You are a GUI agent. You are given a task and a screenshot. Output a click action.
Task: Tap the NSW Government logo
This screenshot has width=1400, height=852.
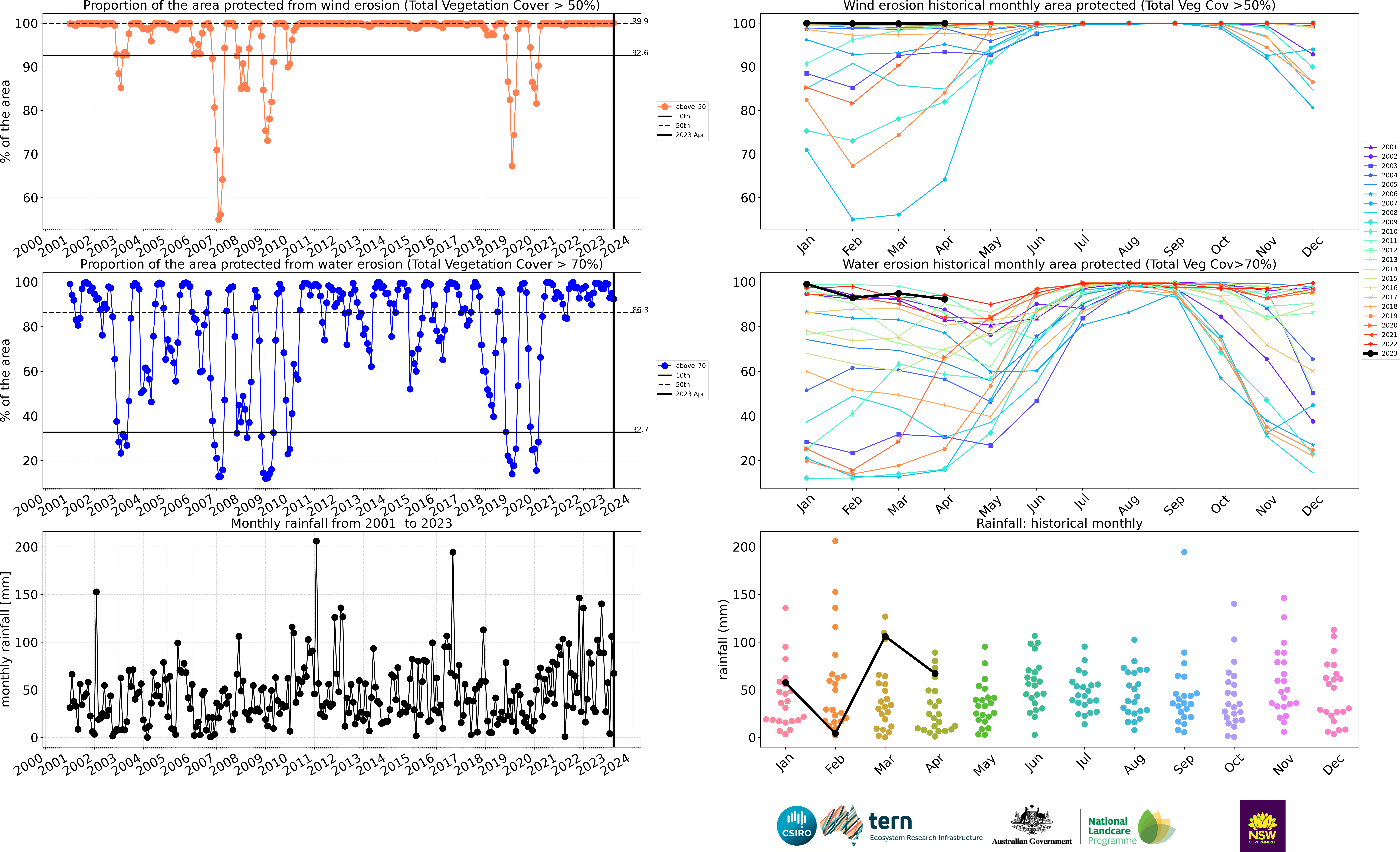(1262, 825)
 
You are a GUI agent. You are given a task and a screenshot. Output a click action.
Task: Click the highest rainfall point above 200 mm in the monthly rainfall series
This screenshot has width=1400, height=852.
(317, 541)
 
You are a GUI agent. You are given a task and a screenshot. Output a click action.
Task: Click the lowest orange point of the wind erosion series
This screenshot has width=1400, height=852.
(219, 219)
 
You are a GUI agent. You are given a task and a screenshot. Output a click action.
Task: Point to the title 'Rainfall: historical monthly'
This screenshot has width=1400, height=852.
(1059, 523)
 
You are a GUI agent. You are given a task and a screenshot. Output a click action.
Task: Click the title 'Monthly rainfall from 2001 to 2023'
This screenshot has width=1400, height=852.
(341, 523)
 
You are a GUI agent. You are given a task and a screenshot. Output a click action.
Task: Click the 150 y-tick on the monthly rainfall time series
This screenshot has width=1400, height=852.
(27, 595)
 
